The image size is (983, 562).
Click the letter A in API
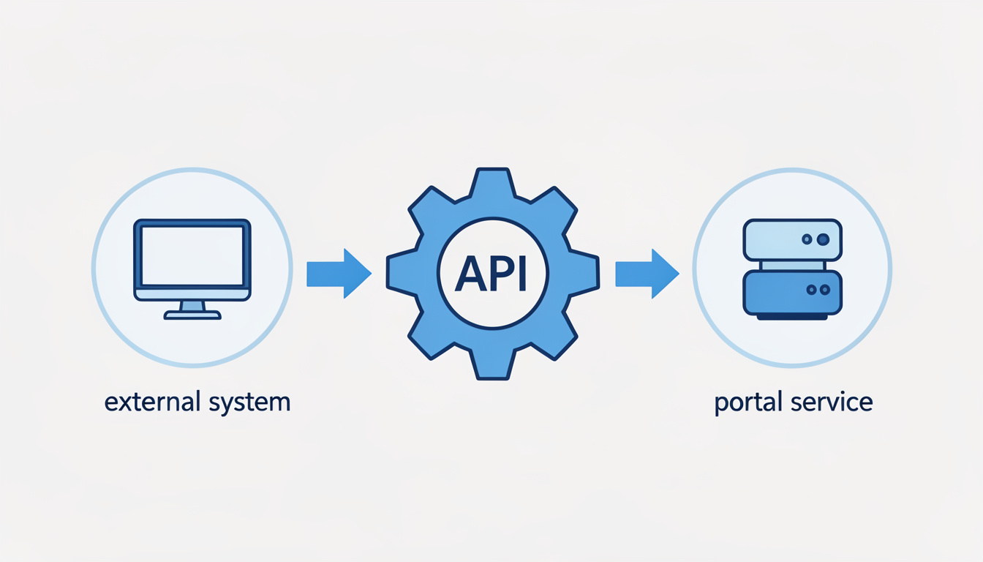pos(468,274)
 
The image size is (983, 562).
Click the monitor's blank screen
pos(192,255)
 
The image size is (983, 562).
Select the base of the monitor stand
pos(192,315)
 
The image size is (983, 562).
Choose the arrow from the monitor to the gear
pos(338,274)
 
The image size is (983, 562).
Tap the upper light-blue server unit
pos(792,240)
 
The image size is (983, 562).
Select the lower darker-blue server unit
pos(792,293)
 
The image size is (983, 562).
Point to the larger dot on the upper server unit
pos(823,239)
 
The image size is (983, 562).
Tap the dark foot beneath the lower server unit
pos(792,317)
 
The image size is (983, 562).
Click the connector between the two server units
pos(792,265)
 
